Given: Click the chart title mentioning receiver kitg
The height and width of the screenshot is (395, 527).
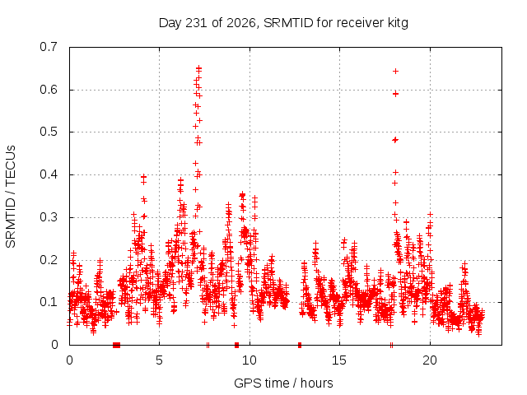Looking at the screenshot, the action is click(x=283, y=23).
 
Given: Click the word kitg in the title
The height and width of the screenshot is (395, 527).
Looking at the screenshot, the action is click(x=398, y=23).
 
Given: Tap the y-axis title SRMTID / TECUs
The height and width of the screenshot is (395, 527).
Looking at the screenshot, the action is click(x=11, y=197).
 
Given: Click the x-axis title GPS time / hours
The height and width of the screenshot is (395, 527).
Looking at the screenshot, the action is click(x=283, y=383).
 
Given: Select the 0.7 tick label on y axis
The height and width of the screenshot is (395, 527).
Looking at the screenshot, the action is click(x=49, y=47).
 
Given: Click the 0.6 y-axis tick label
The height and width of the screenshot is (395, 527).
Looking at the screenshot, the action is click(x=49, y=90).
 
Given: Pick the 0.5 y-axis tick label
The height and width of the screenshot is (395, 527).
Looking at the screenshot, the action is click(x=49, y=132).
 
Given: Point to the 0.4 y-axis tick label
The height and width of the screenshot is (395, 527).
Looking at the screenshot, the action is click(x=49, y=174).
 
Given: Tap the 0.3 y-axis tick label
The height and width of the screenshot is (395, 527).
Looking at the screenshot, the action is click(x=49, y=217).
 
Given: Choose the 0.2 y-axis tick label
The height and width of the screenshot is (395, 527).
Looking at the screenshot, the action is click(x=49, y=260).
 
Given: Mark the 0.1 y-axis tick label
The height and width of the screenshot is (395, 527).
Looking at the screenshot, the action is click(x=49, y=302).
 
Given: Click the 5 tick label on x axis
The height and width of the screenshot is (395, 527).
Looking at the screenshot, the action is click(x=159, y=360).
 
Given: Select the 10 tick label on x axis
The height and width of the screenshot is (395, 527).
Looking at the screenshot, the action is click(x=250, y=360).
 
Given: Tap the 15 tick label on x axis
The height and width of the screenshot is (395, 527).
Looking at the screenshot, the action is click(x=339, y=360).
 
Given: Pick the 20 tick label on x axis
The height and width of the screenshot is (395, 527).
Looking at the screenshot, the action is click(x=430, y=360).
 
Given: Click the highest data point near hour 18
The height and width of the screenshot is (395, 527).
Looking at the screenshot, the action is click(x=395, y=72).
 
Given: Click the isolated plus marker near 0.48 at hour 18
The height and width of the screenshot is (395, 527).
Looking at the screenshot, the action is click(x=395, y=140).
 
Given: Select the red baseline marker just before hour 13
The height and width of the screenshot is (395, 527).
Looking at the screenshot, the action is click(x=300, y=345).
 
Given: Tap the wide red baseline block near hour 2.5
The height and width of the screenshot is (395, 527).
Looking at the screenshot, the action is click(x=116, y=345).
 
